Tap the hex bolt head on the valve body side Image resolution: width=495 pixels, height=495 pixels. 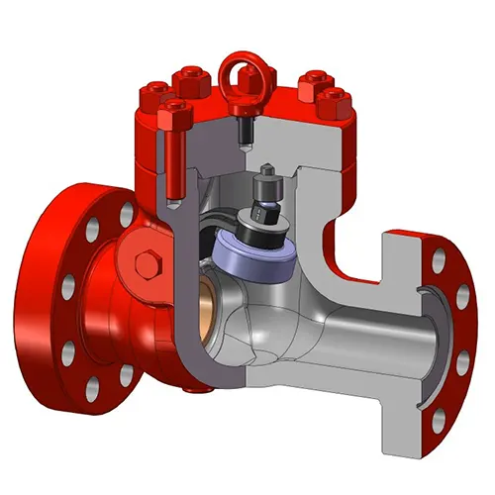pos(147,264)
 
